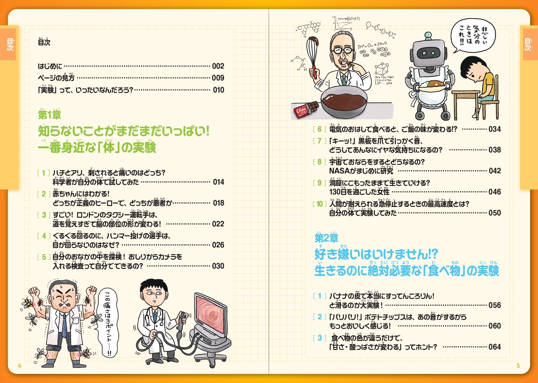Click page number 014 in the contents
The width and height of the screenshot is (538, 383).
pos(218,182)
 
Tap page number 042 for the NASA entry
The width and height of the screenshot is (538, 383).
pos(495,171)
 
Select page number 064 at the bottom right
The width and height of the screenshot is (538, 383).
pos(495,347)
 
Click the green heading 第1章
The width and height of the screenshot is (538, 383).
pos(49,115)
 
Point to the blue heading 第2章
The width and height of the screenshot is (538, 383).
pos(327,238)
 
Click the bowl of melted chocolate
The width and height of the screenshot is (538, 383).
pos(344,102)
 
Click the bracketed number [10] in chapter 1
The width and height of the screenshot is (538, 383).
pos(319,204)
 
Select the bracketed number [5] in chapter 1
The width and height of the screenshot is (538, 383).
pos(44,257)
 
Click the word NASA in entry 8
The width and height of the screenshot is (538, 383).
pos(339,171)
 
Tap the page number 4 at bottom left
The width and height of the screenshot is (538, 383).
pos(19,366)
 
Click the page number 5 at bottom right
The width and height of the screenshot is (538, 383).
pos(518,366)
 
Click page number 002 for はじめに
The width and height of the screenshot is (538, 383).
pos(218,66)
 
